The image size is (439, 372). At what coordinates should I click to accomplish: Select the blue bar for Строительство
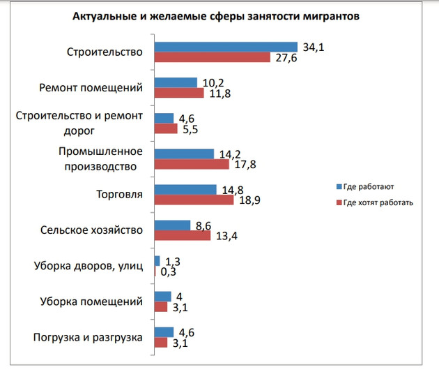pos(225,47)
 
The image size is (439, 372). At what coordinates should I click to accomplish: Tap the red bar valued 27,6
pos(212,57)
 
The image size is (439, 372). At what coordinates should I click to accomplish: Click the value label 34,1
pos(311,46)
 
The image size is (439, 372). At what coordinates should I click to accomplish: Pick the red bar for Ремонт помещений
pos(178,93)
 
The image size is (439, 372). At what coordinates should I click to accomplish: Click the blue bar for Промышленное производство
pos(183,154)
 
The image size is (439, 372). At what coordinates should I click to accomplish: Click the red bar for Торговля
pos(194,200)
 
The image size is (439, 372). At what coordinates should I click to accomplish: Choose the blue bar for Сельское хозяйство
pos(172,225)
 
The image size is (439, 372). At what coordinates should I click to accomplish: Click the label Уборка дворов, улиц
pos(88,266)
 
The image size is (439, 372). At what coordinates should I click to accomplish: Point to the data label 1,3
pos(173,260)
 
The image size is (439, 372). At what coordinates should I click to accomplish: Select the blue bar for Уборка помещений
pos(162,296)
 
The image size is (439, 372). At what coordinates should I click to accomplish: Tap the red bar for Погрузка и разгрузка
pos(161,343)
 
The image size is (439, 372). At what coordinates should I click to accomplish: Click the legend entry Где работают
pos(367,187)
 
